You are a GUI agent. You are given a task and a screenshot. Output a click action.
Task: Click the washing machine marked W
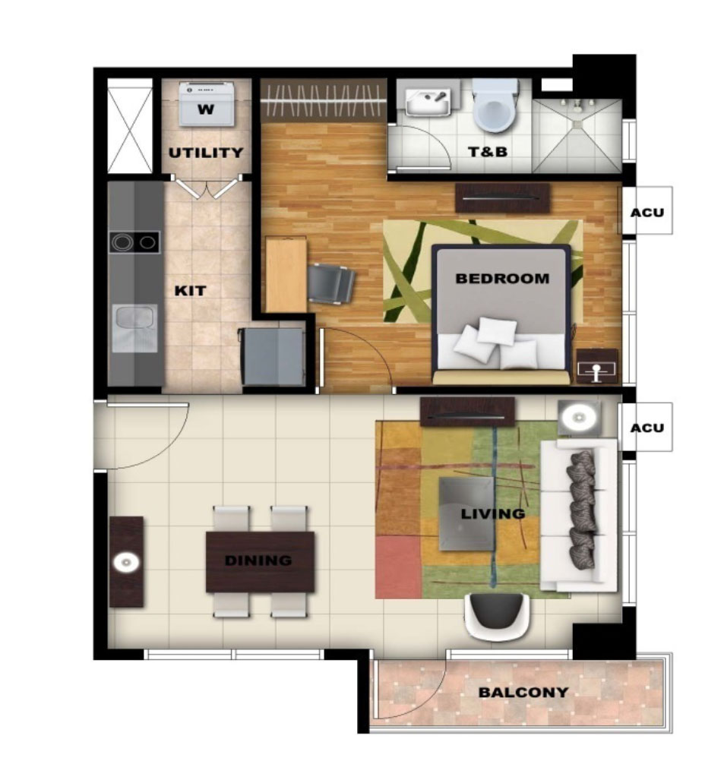tap(207, 104)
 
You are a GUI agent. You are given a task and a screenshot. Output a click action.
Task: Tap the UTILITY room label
tap(206, 153)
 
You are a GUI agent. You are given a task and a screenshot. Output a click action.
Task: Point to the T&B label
tap(488, 152)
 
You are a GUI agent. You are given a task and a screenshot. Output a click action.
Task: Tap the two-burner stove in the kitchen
tap(134, 242)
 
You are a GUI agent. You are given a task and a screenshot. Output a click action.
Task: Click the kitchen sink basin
tap(134, 327)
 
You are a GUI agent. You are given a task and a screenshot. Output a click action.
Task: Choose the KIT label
tap(190, 291)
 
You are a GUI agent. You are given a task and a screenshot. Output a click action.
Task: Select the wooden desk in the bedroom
tap(286, 275)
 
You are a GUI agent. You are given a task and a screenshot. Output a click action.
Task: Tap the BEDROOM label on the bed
tap(502, 279)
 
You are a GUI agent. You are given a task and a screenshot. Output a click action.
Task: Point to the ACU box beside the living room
tap(647, 427)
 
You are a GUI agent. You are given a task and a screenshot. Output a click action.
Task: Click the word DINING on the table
tap(258, 560)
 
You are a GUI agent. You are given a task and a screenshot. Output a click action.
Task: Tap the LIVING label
tap(493, 513)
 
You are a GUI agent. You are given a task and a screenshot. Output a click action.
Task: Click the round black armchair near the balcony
tap(497, 615)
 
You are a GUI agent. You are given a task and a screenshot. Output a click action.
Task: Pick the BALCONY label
tap(523, 692)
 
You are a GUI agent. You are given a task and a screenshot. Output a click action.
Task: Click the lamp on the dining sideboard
tap(126, 563)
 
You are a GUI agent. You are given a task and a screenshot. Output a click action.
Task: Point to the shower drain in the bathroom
tap(577, 125)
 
